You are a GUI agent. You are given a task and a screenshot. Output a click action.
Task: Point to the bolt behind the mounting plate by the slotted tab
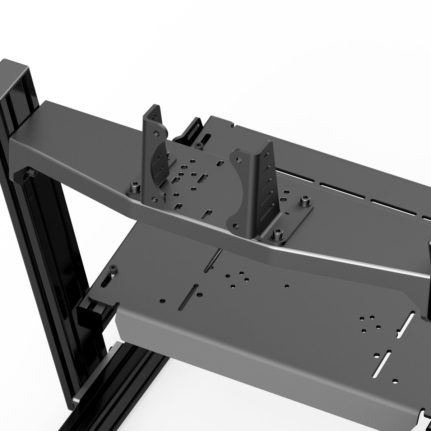(x=198, y=145)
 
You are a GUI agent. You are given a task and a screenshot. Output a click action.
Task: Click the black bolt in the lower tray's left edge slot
(x=113, y=269)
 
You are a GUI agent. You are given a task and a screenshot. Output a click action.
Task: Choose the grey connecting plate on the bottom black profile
(x=77, y=400)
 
